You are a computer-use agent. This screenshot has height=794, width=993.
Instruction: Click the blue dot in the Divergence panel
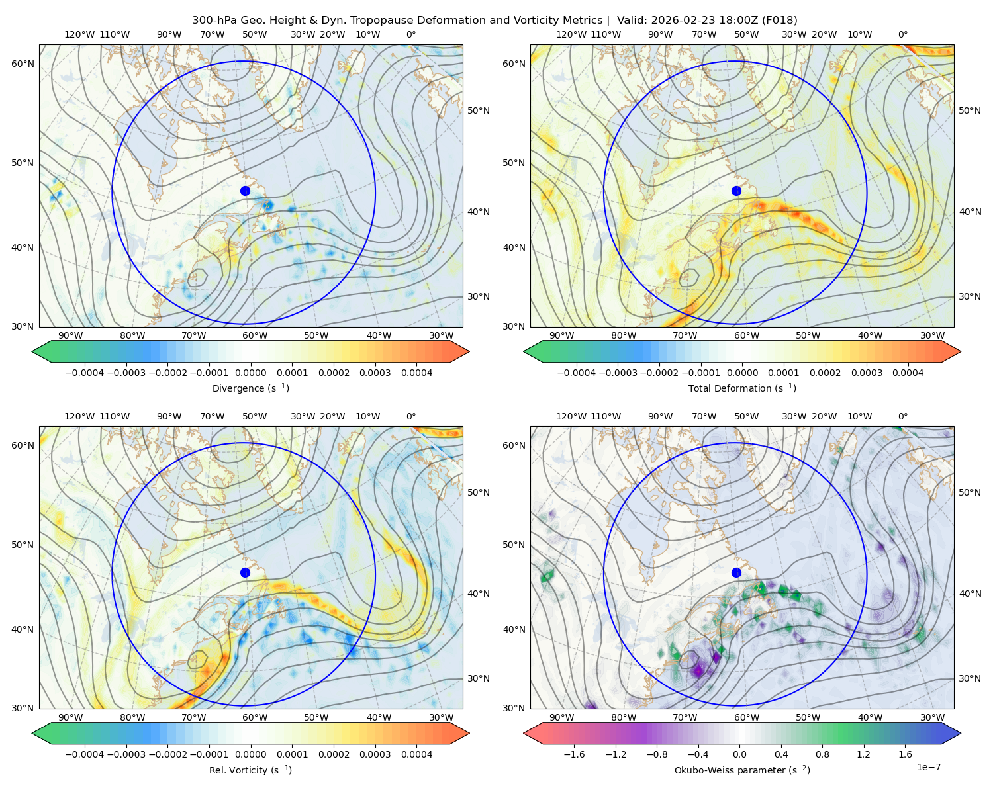[245, 191]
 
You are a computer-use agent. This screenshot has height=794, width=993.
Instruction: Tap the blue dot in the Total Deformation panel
[736, 191]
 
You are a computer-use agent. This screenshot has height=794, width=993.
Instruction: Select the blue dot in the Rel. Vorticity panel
[245, 572]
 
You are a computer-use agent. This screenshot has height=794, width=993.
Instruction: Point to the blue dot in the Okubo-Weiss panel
[736, 572]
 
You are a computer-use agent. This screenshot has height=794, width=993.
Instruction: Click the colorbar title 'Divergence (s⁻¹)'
[250, 388]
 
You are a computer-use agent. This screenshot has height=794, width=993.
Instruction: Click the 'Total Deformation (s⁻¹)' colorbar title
[742, 388]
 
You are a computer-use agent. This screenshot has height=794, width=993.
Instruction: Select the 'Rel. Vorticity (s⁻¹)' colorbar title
[250, 770]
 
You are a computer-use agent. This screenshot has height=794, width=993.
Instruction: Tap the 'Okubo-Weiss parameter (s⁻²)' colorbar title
[742, 770]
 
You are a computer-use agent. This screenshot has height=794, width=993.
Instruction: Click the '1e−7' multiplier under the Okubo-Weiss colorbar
[928, 767]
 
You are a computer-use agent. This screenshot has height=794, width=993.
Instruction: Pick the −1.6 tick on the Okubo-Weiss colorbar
[574, 754]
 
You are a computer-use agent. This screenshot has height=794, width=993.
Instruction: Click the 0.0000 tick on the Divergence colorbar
[250, 373]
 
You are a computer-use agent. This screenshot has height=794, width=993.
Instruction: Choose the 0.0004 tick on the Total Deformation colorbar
[908, 373]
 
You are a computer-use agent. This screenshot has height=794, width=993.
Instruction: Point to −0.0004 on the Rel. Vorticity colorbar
[85, 754]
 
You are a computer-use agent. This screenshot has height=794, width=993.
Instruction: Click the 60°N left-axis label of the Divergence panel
[23, 64]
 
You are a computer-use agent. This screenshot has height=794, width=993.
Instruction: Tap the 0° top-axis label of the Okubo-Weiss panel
[902, 416]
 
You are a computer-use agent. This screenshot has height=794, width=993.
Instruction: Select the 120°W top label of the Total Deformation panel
[571, 34]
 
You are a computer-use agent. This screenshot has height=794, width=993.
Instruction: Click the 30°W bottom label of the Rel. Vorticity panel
[441, 717]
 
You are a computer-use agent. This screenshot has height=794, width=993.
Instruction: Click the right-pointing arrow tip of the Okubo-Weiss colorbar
[961, 733]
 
